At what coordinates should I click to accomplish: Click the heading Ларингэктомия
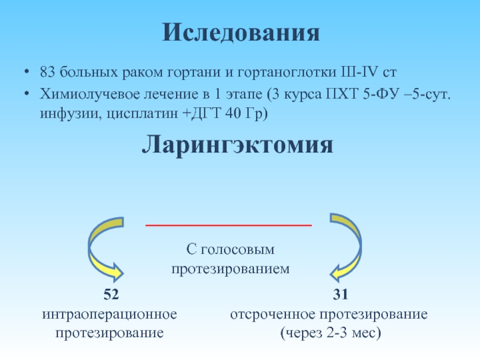click(x=238, y=145)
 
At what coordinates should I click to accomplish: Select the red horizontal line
click(x=229, y=225)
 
